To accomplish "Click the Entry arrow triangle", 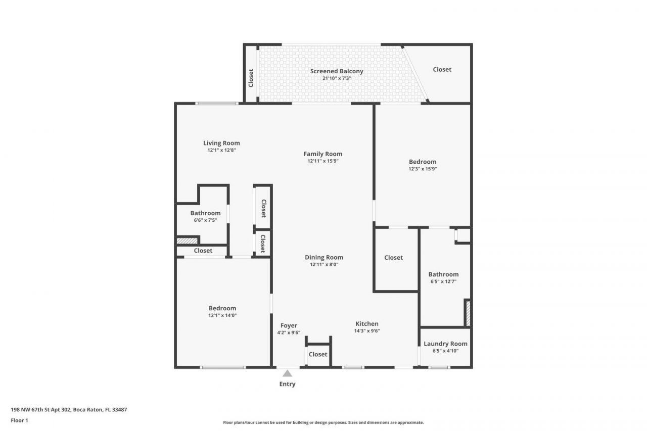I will (287, 373).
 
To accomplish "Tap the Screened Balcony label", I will (337, 71).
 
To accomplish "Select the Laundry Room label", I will (445, 344).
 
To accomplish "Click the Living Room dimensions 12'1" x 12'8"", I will (221, 150).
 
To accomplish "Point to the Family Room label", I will (323, 154).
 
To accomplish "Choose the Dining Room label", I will (324, 257).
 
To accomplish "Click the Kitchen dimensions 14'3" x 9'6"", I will (367, 331).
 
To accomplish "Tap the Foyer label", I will (289, 325).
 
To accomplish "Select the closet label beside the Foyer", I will (318, 354).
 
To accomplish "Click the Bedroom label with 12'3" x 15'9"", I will (423, 162).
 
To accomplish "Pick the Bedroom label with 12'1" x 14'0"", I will (222, 308).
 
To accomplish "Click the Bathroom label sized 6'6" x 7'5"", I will (205, 213).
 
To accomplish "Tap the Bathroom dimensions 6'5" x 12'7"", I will (443, 281).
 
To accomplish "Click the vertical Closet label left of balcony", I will (251, 78).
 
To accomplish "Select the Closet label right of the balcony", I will (442, 69).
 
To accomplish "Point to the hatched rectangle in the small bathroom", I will (187, 241).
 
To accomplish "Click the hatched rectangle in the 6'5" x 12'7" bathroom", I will (468, 313).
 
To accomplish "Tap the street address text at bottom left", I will (69, 410).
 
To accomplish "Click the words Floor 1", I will (19, 420).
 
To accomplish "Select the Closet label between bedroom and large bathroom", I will (393, 257).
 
